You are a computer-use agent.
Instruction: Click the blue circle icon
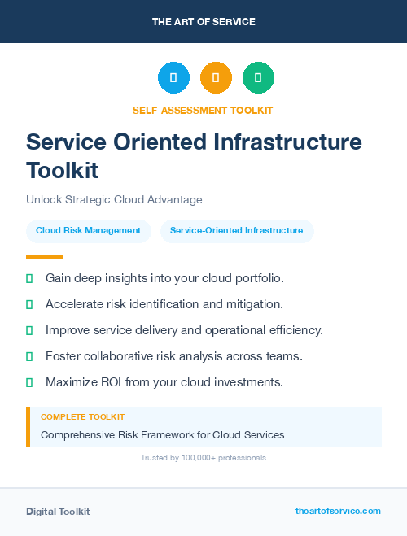coord(173,78)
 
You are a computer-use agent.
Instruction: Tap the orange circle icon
coord(216,78)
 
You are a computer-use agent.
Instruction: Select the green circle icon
coord(258,78)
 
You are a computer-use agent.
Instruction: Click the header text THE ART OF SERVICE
coord(203,22)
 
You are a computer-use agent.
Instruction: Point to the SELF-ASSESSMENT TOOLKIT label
coord(203,110)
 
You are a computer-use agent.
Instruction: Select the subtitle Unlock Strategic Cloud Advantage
coord(114,199)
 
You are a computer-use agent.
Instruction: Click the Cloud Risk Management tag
coord(88,231)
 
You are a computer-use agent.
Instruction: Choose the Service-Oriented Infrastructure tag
coord(236,231)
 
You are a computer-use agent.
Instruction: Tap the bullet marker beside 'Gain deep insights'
coord(29,278)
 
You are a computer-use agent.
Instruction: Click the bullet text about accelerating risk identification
coord(164,304)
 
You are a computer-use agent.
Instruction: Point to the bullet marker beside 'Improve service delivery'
coord(29,330)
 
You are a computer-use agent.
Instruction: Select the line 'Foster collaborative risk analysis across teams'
coord(174,356)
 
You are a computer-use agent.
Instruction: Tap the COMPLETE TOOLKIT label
coord(82,416)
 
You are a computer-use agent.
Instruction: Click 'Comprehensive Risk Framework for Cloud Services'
coord(163,434)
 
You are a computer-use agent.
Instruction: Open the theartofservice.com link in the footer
coord(338,511)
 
